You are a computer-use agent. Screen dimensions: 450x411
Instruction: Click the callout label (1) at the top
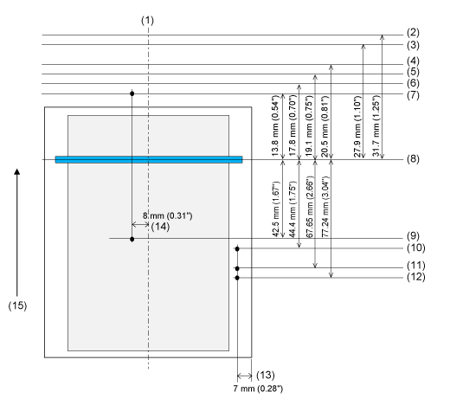[x=147, y=21]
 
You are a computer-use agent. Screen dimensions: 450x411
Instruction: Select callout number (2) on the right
[x=413, y=32]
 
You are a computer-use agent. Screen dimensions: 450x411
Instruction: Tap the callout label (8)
[x=413, y=159]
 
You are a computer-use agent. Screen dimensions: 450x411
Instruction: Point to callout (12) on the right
[x=416, y=277]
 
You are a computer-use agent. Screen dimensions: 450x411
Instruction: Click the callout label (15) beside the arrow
[x=17, y=305]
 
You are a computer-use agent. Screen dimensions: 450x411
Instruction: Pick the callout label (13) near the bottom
[x=266, y=375]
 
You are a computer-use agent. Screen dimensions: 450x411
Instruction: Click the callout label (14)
[x=160, y=227]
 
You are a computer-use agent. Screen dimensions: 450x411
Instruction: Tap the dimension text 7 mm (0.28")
[x=258, y=389]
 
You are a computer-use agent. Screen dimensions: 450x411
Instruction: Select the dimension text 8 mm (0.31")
[x=168, y=215]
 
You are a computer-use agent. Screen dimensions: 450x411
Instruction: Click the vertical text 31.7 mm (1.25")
[x=376, y=125]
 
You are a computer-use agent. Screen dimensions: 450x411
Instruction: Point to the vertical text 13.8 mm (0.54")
[x=276, y=125]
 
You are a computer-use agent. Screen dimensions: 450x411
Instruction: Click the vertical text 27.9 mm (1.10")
[x=357, y=126]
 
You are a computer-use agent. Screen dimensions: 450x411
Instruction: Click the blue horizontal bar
[x=149, y=159]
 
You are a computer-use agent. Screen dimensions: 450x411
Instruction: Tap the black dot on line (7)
[x=132, y=93]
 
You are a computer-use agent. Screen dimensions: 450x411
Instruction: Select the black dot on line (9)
[x=132, y=239]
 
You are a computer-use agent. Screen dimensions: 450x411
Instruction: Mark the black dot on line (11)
[x=237, y=268]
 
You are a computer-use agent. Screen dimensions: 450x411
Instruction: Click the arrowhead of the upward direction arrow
[x=17, y=171]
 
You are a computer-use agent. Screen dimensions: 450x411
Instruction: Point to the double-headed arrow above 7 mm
[x=244, y=376]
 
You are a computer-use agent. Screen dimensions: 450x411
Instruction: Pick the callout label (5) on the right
[x=413, y=72]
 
